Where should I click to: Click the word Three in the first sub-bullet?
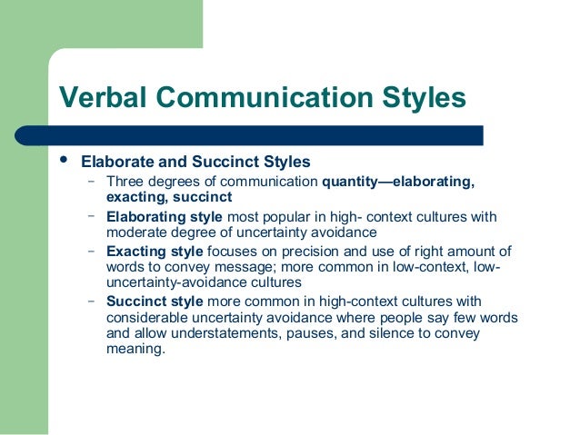(125, 182)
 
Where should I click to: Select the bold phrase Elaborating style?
(165, 217)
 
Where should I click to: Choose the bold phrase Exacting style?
(155, 252)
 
